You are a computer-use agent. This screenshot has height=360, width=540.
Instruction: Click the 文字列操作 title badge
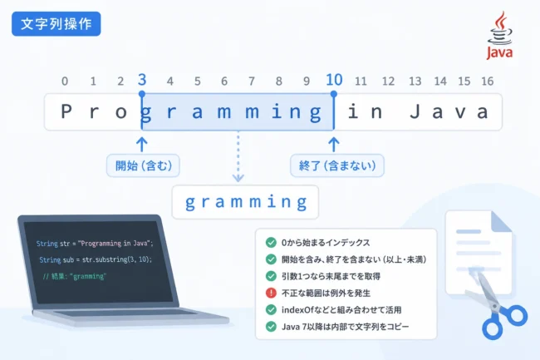tap(56, 24)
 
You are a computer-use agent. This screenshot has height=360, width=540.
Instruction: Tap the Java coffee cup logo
tap(499, 35)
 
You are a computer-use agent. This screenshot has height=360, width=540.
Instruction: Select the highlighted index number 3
tap(142, 80)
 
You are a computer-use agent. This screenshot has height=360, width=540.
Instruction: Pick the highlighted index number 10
tap(334, 80)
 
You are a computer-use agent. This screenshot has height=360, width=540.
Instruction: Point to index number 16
tap(488, 81)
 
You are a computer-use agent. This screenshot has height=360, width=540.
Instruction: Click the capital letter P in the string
tap(66, 111)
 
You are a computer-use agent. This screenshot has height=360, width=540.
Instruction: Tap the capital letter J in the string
tap(415, 111)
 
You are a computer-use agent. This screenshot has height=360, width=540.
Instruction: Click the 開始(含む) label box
tap(143, 165)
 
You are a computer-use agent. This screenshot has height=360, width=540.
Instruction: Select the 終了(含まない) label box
tap(337, 165)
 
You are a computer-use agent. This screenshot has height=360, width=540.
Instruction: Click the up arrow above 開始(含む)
tap(142, 145)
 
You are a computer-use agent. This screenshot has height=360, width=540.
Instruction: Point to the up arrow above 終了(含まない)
tap(333, 145)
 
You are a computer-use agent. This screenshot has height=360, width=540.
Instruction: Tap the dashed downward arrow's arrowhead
tap(238, 178)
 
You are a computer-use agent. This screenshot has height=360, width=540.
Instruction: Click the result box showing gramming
tap(245, 202)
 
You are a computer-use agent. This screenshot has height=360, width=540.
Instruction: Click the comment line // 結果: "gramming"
tap(75, 276)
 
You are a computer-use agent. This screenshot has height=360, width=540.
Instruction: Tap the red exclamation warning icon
tap(271, 293)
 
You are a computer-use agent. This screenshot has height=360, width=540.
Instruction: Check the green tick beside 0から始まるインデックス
tap(271, 243)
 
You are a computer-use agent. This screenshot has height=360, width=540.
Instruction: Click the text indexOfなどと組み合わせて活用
tap(341, 310)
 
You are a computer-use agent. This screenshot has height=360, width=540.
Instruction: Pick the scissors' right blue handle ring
tap(516, 315)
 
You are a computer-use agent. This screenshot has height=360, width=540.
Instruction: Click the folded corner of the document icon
tap(502, 221)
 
